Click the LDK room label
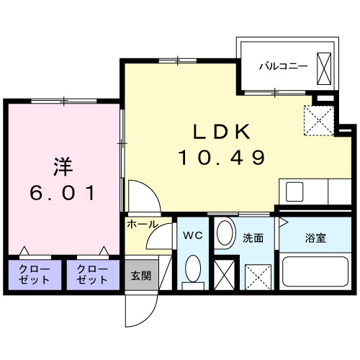[222, 132]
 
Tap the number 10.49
[222, 156]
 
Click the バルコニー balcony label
[284, 65]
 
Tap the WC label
[192, 235]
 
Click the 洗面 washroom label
[252, 238]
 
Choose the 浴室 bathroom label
[314, 238]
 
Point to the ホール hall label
[143, 225]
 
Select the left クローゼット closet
[30, 274]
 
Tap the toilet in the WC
[192, 271]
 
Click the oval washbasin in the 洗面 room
[225, 234]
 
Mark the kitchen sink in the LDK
[295, 192]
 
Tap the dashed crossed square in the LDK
[317, 120]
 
